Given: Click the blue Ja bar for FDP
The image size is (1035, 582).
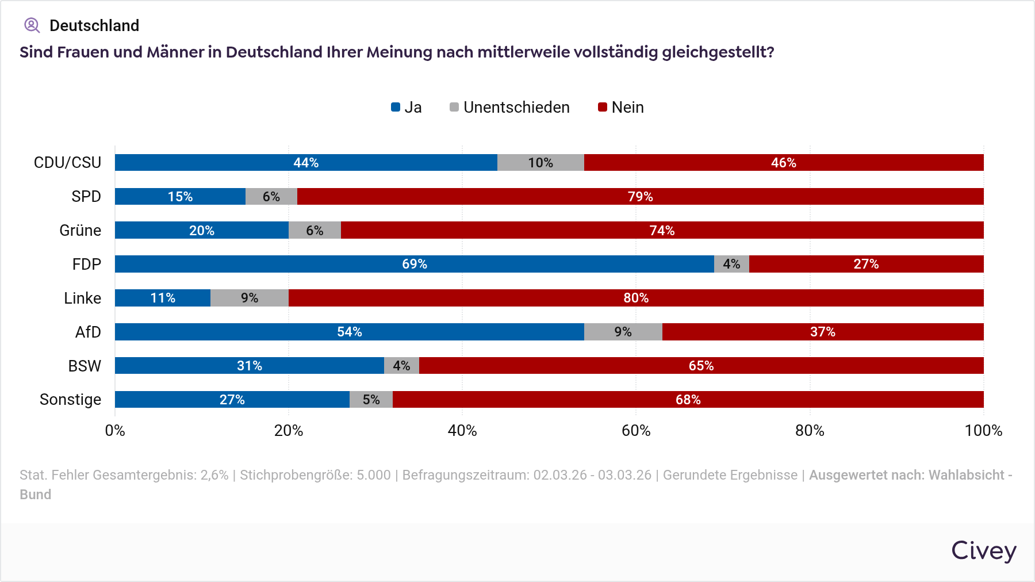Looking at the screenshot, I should coord(414,264).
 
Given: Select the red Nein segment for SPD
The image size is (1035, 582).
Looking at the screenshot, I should coord(640,197).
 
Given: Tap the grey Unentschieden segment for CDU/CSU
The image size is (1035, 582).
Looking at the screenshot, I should coord(540,163).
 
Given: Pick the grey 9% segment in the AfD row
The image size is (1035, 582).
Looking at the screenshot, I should coord(623,332).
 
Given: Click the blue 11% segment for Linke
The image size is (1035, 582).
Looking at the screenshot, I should coord(163,298).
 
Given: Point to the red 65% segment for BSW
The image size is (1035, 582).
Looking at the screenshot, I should coord(701,366).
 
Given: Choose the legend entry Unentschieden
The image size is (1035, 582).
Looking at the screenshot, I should coord(516,108).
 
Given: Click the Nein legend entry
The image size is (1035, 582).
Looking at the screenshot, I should coord(627,108).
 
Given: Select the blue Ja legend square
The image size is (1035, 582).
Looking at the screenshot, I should coord(396,107).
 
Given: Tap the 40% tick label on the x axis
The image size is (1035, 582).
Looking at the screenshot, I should coord(462,431).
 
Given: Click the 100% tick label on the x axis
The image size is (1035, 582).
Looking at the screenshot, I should coord(983,431).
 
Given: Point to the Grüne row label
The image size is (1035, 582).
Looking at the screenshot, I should coord(80,231).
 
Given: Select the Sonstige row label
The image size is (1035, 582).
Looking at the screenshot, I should coord(70,400).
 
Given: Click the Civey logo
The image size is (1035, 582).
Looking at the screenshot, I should coord(984,551).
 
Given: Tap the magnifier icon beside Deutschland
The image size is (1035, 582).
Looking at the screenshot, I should coord(32,25).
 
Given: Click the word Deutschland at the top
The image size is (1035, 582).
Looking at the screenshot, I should coord(94,26).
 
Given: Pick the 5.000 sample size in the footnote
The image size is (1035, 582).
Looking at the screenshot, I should coord(374,475).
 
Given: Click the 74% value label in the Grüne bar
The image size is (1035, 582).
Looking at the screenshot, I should coord(662,231).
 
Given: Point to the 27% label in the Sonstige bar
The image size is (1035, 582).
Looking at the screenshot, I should coord(232,400).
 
